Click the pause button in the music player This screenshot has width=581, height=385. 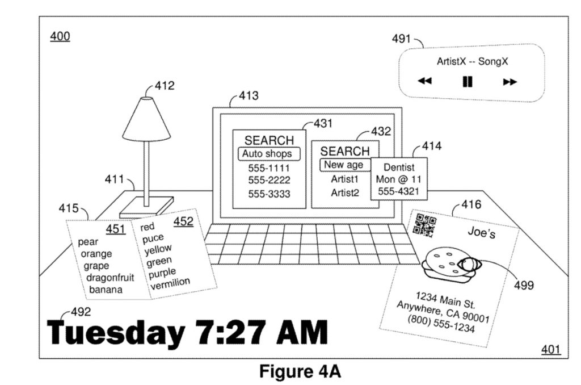[468, 81]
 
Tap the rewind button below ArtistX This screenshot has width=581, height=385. [424, 81]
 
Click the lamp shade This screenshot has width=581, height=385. [146, 119]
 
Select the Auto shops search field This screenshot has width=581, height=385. [268, 153]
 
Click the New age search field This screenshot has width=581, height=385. [345, 165]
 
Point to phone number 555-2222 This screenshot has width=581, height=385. [269, 180]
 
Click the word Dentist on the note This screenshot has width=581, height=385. [399, 168]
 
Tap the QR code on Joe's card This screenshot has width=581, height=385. [424, 225]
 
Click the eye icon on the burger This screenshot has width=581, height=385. [470, 265]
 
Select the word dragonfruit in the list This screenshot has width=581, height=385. [110, 278]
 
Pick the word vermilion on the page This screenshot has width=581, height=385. [170, 284]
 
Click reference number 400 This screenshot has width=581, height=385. [60, 36]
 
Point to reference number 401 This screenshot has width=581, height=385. [550, 349]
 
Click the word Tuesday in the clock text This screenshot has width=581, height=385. [116, 333]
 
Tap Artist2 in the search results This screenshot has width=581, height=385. [345, 193]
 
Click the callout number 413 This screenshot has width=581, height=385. [249, 96]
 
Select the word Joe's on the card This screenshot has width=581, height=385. [481, 232]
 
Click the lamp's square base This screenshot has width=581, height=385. [146, 207]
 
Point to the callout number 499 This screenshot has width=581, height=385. [524, 285]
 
